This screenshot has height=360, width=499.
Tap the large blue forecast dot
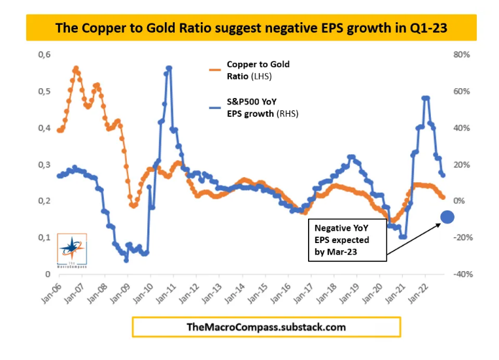point(447,218)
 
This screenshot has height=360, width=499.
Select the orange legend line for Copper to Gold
point(214,68)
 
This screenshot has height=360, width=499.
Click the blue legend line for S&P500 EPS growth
point(214,108)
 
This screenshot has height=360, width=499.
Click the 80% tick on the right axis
point(462,54)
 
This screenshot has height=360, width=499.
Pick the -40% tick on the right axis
point(462,274)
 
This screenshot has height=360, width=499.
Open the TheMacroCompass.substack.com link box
point(266,327)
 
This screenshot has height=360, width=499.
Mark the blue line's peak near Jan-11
point(169,67)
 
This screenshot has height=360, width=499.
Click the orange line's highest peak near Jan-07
point(76,68)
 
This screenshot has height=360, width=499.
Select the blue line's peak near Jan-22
point(426,98)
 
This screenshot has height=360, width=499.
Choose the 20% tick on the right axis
point(462,164)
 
